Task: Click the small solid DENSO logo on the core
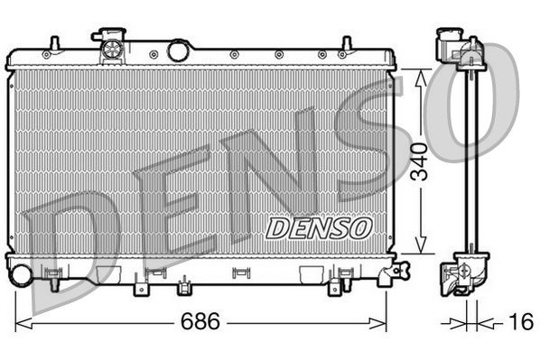point(318,227)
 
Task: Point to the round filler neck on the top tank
point(179,49)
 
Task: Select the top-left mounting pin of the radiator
point(54,43)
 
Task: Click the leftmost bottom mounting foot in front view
point(140,287)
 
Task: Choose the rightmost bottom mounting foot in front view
point(335,286)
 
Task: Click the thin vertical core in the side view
point(470,162)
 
